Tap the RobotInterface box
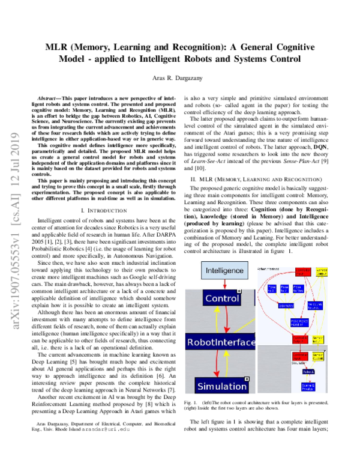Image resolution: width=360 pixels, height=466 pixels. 221,343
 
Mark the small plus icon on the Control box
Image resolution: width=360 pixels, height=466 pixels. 239,291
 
